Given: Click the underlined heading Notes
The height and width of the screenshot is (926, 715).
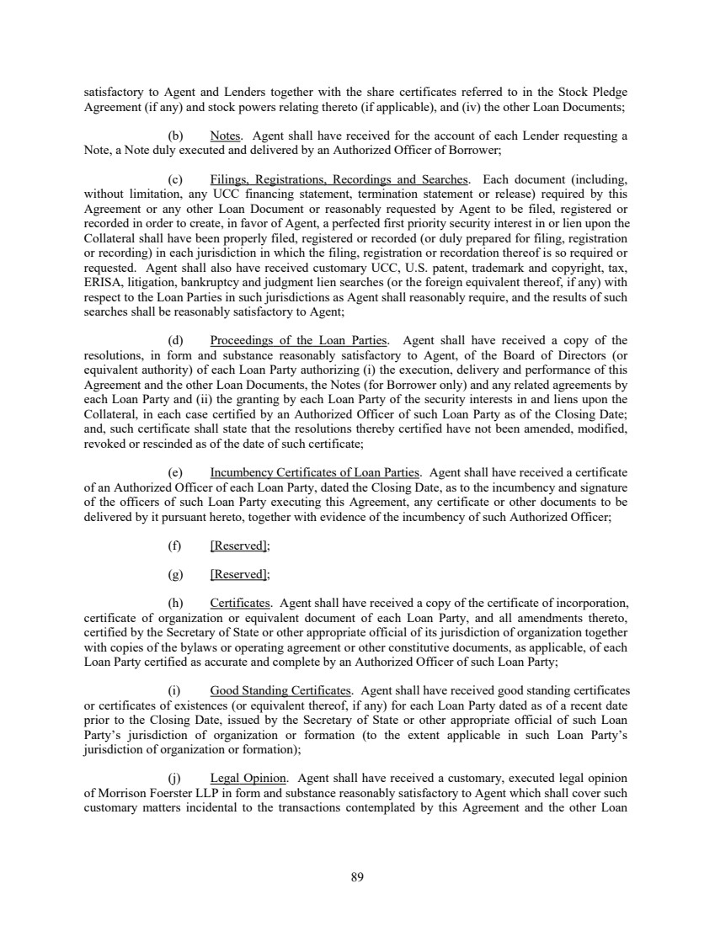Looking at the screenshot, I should pyautogui.click(x=226, y=136).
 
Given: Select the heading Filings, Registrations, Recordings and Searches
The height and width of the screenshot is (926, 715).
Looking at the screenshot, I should pyautogui.click(x=339, y=179).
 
